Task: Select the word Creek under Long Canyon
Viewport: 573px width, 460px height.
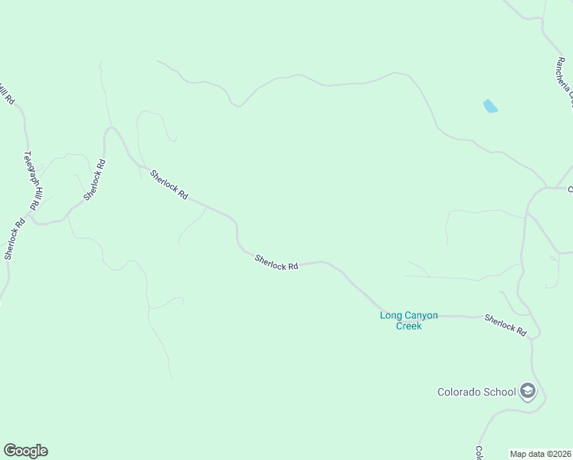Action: click(x=409, y=326)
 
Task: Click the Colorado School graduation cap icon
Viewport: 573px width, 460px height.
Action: click(x=527, y=392)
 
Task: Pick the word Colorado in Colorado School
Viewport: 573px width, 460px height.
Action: click(x=460, y=392)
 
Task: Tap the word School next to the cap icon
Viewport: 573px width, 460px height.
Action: click(x=501, y=392)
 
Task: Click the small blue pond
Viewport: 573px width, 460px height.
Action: click(x=490, y=106)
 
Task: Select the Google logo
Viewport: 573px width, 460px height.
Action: click(x=25, y=451)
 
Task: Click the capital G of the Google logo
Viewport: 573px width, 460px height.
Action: click(x=9, y=451)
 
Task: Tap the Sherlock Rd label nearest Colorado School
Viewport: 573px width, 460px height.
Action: click(x=506, y=325)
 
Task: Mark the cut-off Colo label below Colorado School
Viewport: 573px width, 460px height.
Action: click(x=479, y=453)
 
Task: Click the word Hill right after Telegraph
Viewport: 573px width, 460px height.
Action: click(x=33, y=195)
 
